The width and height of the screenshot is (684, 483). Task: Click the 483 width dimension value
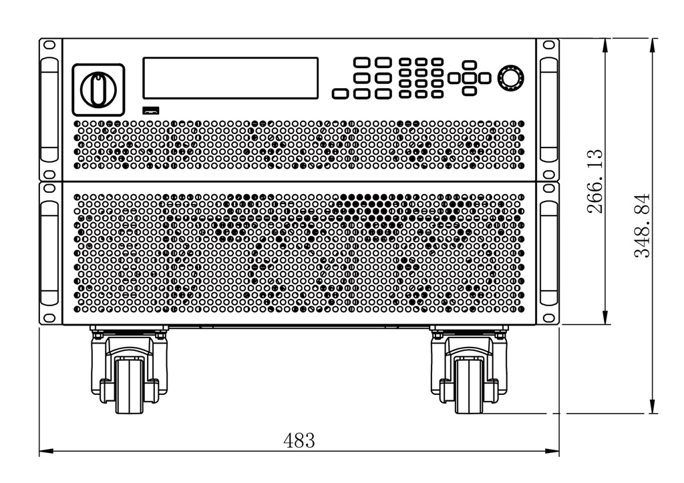299,440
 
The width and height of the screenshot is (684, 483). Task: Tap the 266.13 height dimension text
595,181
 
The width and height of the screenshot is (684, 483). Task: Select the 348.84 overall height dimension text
642,225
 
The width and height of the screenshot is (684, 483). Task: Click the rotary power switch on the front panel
99,90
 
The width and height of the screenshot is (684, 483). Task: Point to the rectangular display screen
230,78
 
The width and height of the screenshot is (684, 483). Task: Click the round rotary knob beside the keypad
511,79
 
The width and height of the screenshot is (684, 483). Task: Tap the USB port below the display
151,110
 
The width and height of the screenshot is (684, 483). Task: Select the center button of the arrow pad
469,79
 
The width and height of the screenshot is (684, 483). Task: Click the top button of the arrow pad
469,65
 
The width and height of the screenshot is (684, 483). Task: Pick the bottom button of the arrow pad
469,91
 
